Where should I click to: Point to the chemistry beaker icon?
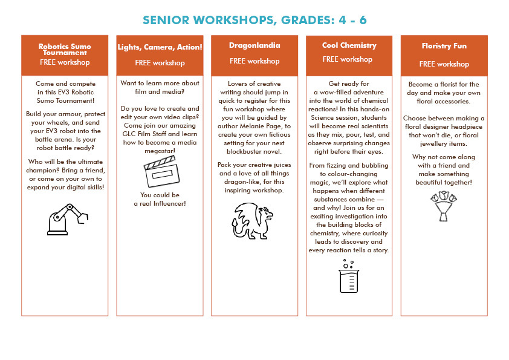coord(349,276)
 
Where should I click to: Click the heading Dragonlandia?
coord(254,46)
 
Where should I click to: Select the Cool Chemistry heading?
coord(349,45)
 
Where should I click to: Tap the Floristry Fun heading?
coord(444,46)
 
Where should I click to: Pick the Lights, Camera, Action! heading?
coord(160,47)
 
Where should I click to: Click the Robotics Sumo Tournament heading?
coord(65,48)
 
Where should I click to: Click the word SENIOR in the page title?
coord(170,21)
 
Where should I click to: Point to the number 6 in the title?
coord(362,21)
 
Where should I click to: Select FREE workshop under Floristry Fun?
coord(444,64)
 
